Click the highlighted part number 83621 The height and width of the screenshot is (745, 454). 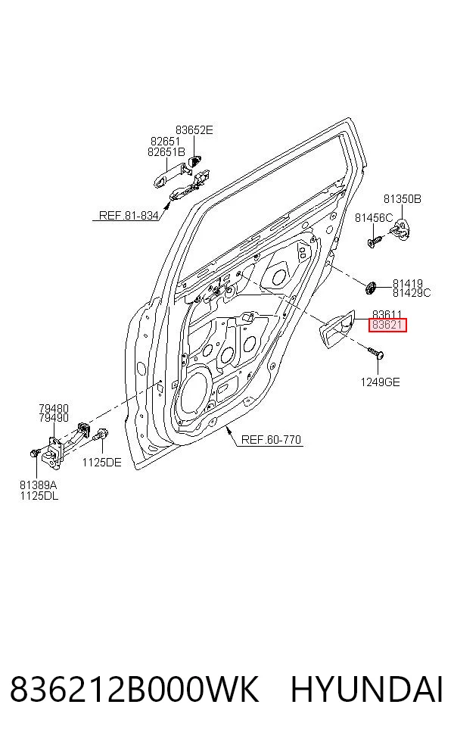pos(388,325)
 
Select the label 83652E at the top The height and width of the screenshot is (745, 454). pos(194,130)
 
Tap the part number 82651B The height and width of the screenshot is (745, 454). pos(166,152)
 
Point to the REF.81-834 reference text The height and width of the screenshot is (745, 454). pos(129,216)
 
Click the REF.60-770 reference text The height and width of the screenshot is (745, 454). pos(271,439)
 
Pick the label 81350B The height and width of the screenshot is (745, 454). pos(403,199)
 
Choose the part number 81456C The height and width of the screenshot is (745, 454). pos(374,218)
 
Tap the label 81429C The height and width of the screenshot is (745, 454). pos(412,293)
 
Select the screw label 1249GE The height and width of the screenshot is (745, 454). pos(380,382)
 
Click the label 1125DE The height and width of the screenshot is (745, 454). pos(101,463)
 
